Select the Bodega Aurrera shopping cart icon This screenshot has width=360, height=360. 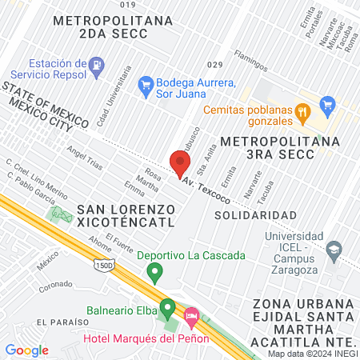pyautogui.click(x=146, y=83)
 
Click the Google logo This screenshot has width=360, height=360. pyautogui.click(x=27, y=350)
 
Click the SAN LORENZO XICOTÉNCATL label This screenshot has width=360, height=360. pyautogui.click(x=124, y=218)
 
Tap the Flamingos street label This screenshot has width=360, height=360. pyautogui.click(x=250, y=61)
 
